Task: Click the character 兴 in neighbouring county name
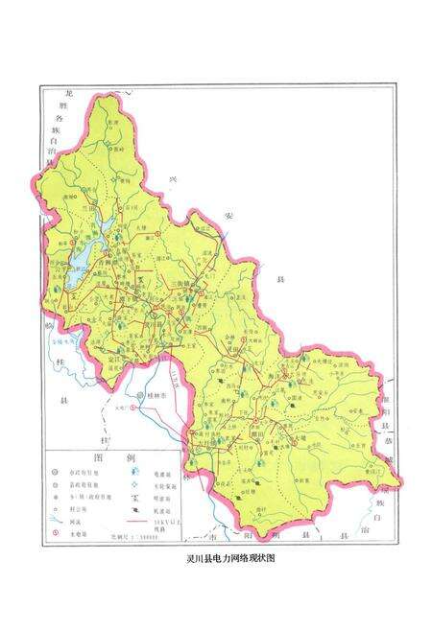pos(174,178)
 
